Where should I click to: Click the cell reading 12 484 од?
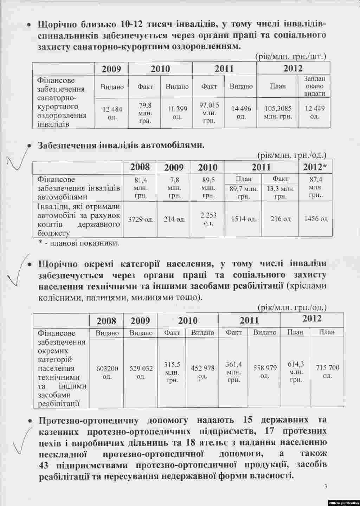click(112, 112)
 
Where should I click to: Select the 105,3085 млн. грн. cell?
click(278, 112)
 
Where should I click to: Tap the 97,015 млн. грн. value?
click(209, 113)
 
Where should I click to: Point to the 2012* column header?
click(315, 167)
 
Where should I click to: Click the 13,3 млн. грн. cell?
click(280, 193)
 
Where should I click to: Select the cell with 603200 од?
click(107, 372)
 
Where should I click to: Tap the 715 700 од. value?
click(328, 371)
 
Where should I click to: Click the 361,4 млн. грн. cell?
click(233, 372)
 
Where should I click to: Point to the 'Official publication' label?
click(343, 503)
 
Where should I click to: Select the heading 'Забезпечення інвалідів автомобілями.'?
click(121, 145)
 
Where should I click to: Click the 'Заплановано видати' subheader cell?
click(314, 86)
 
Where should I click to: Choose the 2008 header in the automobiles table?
click(140, 167)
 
